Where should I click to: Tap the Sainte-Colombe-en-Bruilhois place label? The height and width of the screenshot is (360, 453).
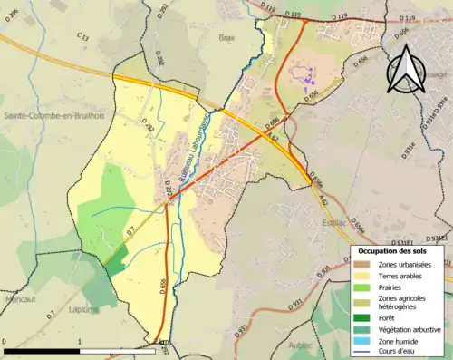[51, 116]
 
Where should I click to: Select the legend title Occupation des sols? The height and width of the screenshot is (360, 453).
[396, 249]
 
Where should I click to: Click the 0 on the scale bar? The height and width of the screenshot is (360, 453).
[5, 341]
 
